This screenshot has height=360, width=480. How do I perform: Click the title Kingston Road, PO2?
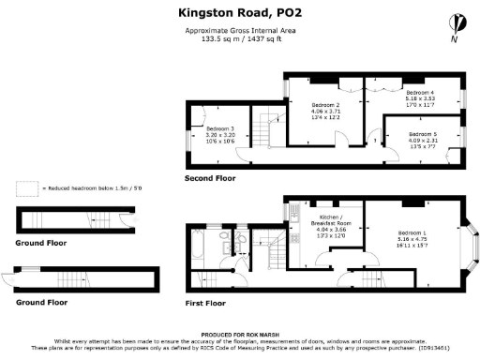(239, 13)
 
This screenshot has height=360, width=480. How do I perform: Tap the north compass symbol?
(456, 23)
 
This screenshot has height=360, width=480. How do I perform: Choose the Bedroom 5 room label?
(424, 135)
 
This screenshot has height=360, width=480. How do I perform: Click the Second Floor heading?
(211, 178)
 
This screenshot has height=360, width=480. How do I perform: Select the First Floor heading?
(205, 304)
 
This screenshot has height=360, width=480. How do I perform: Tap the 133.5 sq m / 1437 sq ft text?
(239, 39)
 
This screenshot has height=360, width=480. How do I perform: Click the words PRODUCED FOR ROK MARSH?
(239, 335)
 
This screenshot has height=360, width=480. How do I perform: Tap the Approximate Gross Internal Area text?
(239, 31)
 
